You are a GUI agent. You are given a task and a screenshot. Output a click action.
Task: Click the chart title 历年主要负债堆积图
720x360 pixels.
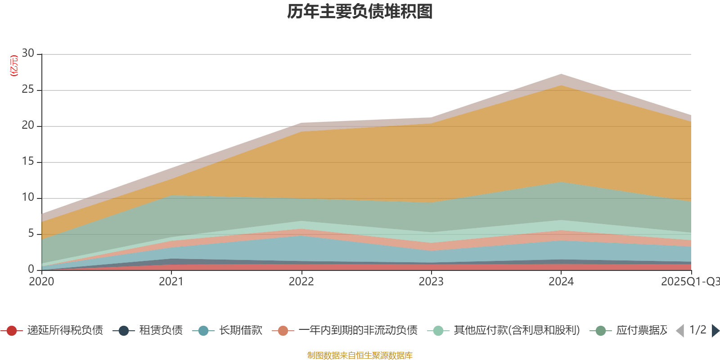[x=360, y=12]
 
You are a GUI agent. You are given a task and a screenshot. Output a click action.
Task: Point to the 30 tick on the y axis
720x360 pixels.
[x=28, y=53]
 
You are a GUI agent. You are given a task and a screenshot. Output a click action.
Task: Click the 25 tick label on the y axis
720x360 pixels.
[x=28, y=90]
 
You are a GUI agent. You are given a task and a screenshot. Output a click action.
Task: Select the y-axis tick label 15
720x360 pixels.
[x=28, y=162]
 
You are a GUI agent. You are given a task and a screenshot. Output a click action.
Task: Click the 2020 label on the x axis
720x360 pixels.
[x=41, y=282]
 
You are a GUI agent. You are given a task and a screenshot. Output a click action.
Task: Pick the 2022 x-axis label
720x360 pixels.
[x=301, y=282]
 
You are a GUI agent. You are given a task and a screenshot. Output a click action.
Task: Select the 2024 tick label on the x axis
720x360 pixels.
[x=561, y=282]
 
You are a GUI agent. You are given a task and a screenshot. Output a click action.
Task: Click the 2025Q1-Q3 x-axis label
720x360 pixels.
[x=690, y=282]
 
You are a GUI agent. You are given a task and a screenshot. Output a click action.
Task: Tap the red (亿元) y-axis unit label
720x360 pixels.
[x=14, y=66]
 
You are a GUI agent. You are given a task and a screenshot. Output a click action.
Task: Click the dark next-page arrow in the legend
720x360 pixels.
[x=715, y=331]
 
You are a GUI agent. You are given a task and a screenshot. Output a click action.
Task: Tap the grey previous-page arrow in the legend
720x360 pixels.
[x=680, y=331]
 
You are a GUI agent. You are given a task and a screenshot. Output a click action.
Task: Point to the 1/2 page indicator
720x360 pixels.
[x=697, y=330]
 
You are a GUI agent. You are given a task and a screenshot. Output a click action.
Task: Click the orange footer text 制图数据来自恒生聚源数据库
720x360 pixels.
[x=360, y=355]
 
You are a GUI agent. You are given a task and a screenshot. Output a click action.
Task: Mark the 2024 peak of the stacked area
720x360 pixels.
[x=561, y=74]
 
